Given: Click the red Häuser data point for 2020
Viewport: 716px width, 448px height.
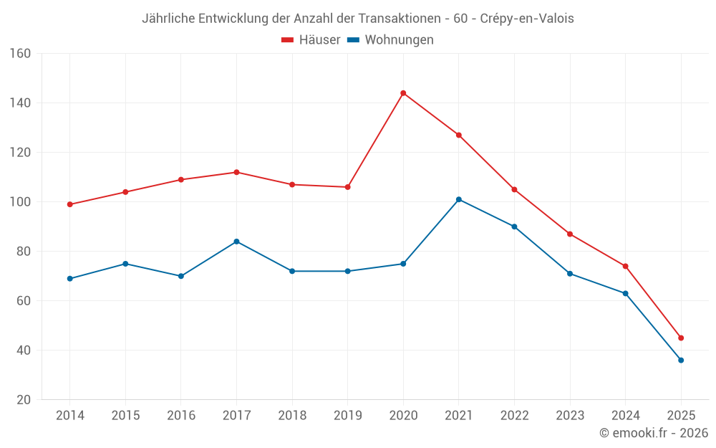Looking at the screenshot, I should click(x=403, y=93).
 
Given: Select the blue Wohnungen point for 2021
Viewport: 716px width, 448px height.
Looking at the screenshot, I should click(x=459, y=199).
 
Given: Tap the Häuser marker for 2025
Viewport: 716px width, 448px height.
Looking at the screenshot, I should click(x=681, y=338).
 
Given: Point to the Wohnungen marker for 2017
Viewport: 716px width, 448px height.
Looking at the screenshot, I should click(x=236, y=242).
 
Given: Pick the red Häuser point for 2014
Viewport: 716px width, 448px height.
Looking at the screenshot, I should click(x=69, y=204).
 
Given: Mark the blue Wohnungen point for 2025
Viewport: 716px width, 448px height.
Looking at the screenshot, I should click(x=681, y=360).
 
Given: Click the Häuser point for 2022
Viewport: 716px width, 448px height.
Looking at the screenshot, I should click(x=514, y=189).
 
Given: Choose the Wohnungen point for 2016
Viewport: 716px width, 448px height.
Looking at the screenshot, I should click(x=180, y=276).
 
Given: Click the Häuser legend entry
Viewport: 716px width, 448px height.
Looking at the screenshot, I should click(x=311, y=40).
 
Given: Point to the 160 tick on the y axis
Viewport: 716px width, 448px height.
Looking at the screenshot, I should click(x=20, y=54).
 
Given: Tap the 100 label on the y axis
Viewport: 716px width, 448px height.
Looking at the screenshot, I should click(x=20, y=202).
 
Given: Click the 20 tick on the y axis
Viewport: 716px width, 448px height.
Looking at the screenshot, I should click(x=24, y=400).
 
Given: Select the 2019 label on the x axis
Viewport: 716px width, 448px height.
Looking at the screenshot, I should click(x=347, y=416).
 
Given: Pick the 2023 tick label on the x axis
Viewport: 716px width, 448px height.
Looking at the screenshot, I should click(x=570, y=416).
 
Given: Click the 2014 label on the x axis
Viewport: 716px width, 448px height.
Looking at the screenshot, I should click(x=69, y=416).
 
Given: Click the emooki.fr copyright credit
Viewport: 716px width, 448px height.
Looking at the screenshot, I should click(x=653, y=433).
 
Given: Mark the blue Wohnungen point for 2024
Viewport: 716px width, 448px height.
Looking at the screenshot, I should click(x=625, y=293).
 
